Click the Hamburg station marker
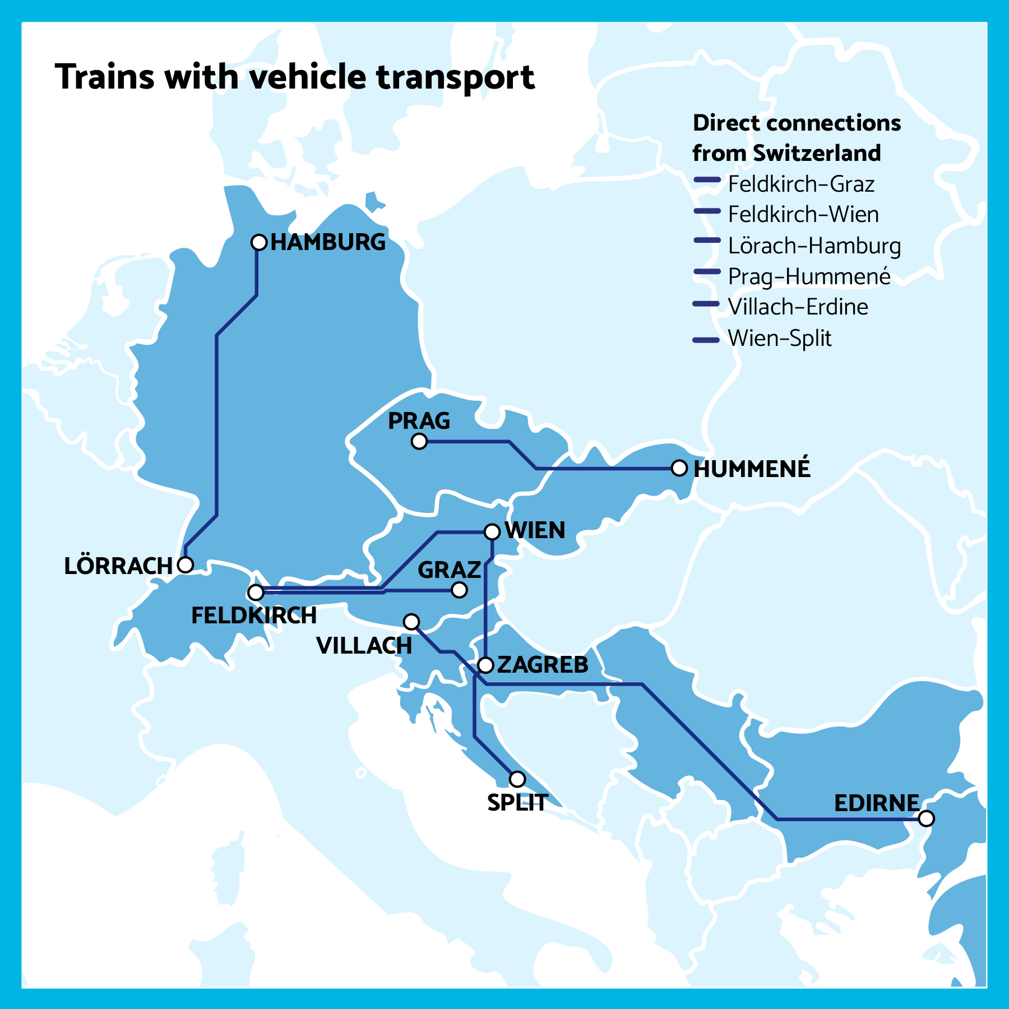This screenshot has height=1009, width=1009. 258,242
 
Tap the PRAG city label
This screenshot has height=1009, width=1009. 419,421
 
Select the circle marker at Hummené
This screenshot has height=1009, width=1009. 679,468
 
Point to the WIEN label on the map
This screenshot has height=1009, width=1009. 535,530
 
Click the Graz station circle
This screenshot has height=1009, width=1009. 459,590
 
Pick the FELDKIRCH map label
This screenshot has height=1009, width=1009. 254,615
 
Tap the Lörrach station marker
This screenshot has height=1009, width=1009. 185,564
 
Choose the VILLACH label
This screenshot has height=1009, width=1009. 364,646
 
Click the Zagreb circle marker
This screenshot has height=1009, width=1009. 485,665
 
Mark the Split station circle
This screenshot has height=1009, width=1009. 517,779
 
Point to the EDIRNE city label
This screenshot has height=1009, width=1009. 876,803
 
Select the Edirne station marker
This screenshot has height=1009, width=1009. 926,818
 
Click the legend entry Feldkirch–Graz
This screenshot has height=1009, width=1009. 801,184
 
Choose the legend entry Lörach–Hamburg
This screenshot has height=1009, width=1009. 814,246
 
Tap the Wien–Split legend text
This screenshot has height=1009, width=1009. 779,338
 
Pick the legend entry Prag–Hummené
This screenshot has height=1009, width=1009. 809,276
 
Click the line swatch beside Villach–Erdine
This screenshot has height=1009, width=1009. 706,304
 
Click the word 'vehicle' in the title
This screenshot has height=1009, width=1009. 308,77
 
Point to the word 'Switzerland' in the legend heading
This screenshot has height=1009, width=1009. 817,153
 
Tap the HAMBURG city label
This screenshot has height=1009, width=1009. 328,242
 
